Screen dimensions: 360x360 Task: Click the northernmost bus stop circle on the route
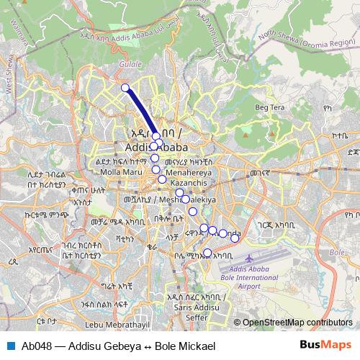125,88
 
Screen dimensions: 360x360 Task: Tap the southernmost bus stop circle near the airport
207,252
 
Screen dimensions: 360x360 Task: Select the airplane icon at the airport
249,257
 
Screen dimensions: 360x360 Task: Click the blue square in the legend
11,345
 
